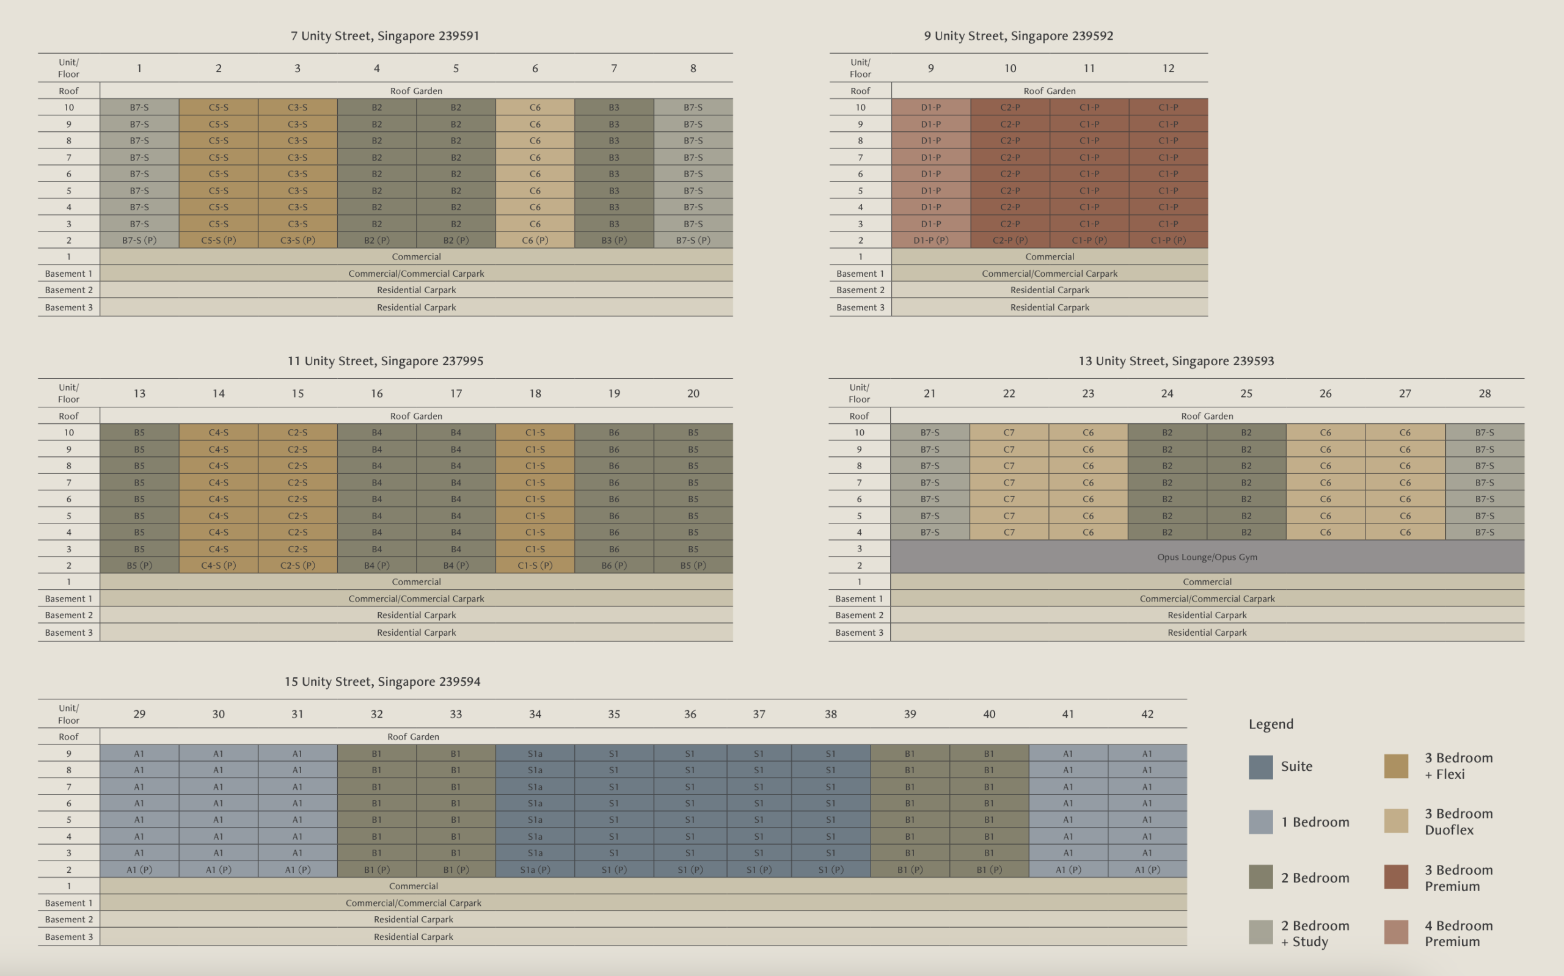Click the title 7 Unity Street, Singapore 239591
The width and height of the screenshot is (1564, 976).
385,36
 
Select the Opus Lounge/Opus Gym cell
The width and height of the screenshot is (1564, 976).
1207,557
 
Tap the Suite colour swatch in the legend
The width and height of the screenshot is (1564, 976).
1260,767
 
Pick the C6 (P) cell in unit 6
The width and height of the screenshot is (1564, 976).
535,240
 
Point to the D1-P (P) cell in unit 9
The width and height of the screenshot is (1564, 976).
930,240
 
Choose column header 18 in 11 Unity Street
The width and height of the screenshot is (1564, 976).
535,393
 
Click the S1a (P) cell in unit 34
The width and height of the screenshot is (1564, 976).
535,870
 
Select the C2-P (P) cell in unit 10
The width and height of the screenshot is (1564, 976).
1009,240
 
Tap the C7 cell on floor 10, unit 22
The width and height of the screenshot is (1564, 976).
1008,432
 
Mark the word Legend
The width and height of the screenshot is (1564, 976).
1270,724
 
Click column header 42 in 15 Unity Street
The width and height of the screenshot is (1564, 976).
1146,714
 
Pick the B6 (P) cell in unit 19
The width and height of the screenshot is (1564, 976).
613,566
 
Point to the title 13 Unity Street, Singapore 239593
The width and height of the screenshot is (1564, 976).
1175,362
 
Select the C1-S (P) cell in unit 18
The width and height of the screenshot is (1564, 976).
535,566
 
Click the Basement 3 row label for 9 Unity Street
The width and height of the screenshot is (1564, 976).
860,307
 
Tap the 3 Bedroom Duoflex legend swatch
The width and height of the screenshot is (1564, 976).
1395,821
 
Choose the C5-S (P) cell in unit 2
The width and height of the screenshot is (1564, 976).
218,240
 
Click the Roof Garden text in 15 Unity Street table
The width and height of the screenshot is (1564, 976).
412,737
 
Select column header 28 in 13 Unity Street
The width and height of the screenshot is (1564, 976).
1484,393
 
